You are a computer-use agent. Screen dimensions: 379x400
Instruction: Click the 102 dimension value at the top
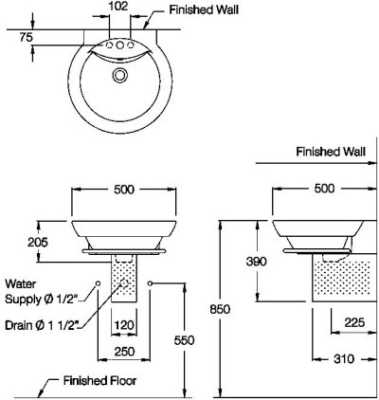118,6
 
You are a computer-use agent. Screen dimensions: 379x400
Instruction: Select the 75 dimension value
27,38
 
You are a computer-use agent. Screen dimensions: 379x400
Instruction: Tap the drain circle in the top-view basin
120,75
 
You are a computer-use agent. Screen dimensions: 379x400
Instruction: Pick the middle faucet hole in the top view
119,45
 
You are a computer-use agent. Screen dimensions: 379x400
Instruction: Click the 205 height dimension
38,243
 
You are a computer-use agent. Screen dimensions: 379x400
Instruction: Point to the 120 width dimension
124,325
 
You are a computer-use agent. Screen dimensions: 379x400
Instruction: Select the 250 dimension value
124,352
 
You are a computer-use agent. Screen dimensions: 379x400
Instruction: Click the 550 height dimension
184,340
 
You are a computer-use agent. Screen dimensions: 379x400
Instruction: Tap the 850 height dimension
220,309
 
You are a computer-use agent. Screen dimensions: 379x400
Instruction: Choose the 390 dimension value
257,262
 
